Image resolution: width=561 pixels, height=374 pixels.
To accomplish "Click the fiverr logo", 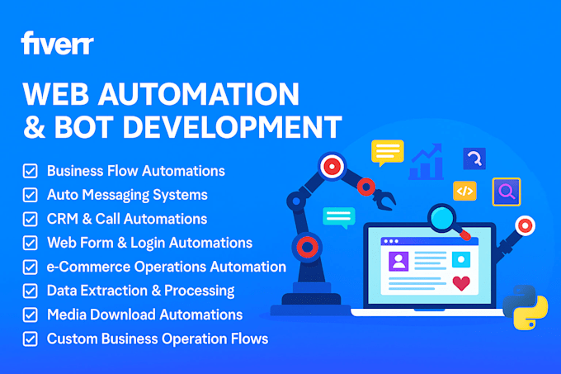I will (x=57, y=42).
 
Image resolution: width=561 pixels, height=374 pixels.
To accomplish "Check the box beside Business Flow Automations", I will (x=30, y=171).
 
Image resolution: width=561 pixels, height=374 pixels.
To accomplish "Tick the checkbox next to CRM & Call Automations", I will (x=30, y=219).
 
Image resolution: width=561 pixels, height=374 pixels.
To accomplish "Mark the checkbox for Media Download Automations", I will (x=30, y=315).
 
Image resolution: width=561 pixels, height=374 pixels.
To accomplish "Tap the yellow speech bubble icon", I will (x=387, y=152).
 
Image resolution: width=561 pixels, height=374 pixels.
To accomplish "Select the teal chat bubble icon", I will (x=338, y=218).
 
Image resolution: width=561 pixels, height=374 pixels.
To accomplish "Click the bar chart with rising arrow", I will (x=427, y=163).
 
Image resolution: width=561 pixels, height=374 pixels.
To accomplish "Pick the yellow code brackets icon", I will (x=464, y=191).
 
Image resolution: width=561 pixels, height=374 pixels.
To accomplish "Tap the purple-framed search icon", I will (x=506, y=192).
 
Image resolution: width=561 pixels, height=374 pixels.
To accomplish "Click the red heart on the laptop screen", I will (x=461, y=283).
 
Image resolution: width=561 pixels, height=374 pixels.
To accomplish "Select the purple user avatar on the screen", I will (x=399, y=261).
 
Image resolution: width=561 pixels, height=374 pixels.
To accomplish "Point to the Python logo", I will (x=525, y=307).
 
